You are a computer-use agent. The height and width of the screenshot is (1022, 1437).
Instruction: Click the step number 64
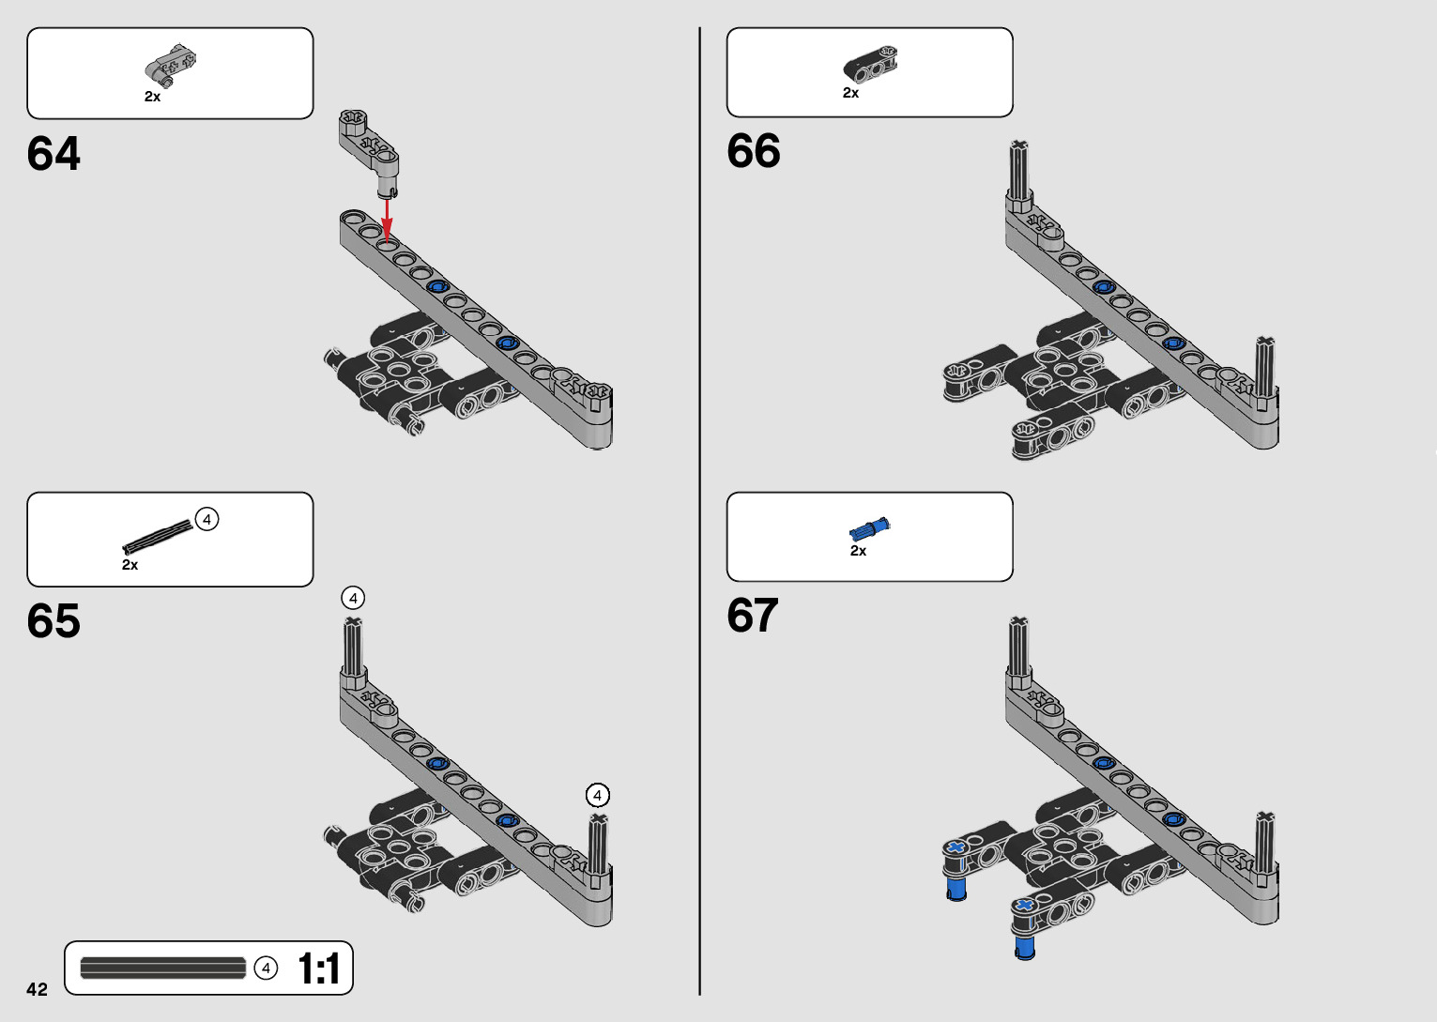tap(54, 154)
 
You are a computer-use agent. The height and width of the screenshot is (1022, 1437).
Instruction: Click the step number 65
tap(54, 621)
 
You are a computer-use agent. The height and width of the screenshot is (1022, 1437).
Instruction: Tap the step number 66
tap(753, 151)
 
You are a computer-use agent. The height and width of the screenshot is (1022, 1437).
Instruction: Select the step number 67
tap(753, 616)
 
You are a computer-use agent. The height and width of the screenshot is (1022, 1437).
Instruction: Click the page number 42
tap(37, 989)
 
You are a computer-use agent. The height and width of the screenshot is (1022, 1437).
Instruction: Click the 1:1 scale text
tap(318, 969)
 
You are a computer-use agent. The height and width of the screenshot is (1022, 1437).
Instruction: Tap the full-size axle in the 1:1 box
tap(162, 968)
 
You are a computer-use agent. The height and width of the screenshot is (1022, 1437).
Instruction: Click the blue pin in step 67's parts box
tap(869, 526)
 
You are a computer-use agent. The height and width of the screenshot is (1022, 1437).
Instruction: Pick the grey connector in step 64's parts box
tap(171, 64)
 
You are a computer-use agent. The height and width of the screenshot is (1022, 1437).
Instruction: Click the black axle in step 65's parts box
tap(157, 536)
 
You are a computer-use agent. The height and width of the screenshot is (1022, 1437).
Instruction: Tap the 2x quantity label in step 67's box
tap(858, 551)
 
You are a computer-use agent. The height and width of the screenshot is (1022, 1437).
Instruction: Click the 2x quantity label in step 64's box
tap(152, 97)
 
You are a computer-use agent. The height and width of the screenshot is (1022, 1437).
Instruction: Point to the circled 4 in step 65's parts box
tap(206, 519)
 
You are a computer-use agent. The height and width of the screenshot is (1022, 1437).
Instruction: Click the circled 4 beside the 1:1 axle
tap(267, 968)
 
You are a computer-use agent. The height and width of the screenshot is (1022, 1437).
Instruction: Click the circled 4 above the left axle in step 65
tap(353, 598)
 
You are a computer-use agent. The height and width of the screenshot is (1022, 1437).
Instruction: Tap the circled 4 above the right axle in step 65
tap(597, 795)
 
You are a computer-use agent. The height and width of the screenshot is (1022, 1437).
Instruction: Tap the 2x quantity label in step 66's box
tap(850, 93)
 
